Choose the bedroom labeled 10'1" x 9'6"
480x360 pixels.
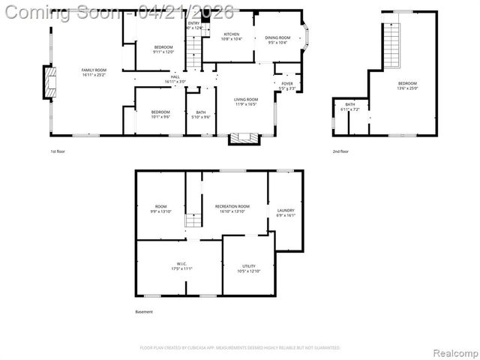[160, 114]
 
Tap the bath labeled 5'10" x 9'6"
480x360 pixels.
[200, 114]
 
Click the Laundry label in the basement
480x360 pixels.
[286, 212]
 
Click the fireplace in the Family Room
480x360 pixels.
[49, 82]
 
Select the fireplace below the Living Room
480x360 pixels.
[244, 138]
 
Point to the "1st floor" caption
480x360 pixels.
[58, 151]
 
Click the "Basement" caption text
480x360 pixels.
[144, 312]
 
